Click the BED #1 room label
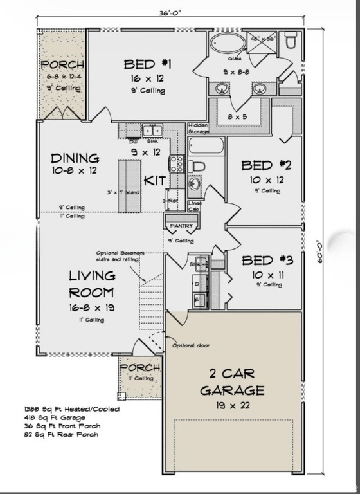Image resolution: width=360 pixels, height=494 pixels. click(x=148, y=64)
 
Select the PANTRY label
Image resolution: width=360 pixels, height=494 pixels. click(x=177, y=226)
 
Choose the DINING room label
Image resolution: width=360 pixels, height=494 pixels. click(x=75, y=158)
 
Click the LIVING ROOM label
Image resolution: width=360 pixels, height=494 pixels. click(x=93, y=283)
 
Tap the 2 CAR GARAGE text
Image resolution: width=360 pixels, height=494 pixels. click(x=231, y=381)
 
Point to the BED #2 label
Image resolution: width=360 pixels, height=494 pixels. click(x=266, y=165)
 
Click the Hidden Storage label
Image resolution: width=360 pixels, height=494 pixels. click(x=199, y=129)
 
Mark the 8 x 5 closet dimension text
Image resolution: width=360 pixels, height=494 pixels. click(x=237, y=116)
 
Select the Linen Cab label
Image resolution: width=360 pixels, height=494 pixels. click(x=195, y=206)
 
